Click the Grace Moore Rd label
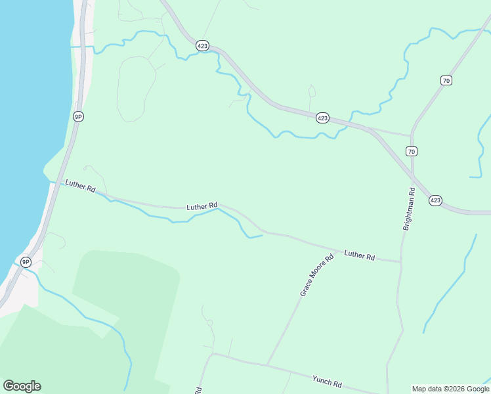(x=317, y=275)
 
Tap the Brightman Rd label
(x=409, y=209)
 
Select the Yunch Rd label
(x=327, y=381)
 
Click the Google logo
(x=22, y=386)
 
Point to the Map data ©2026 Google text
(x=451, y=389)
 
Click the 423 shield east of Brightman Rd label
(x=435, y=200)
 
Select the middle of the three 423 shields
(x=322, y=118)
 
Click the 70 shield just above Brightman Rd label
(x=412, y=151)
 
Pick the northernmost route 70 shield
(x=446, y=81)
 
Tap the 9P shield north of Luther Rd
(x=78, y=116)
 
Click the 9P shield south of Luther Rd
(x=26, y=262)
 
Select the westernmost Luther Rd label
(x=81, y=186)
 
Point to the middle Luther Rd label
(x=202, y=206)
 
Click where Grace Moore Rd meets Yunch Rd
(x=267, y=365)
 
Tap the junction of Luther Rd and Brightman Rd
(x=400, y=261)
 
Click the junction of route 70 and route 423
(x=412, y=175)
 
